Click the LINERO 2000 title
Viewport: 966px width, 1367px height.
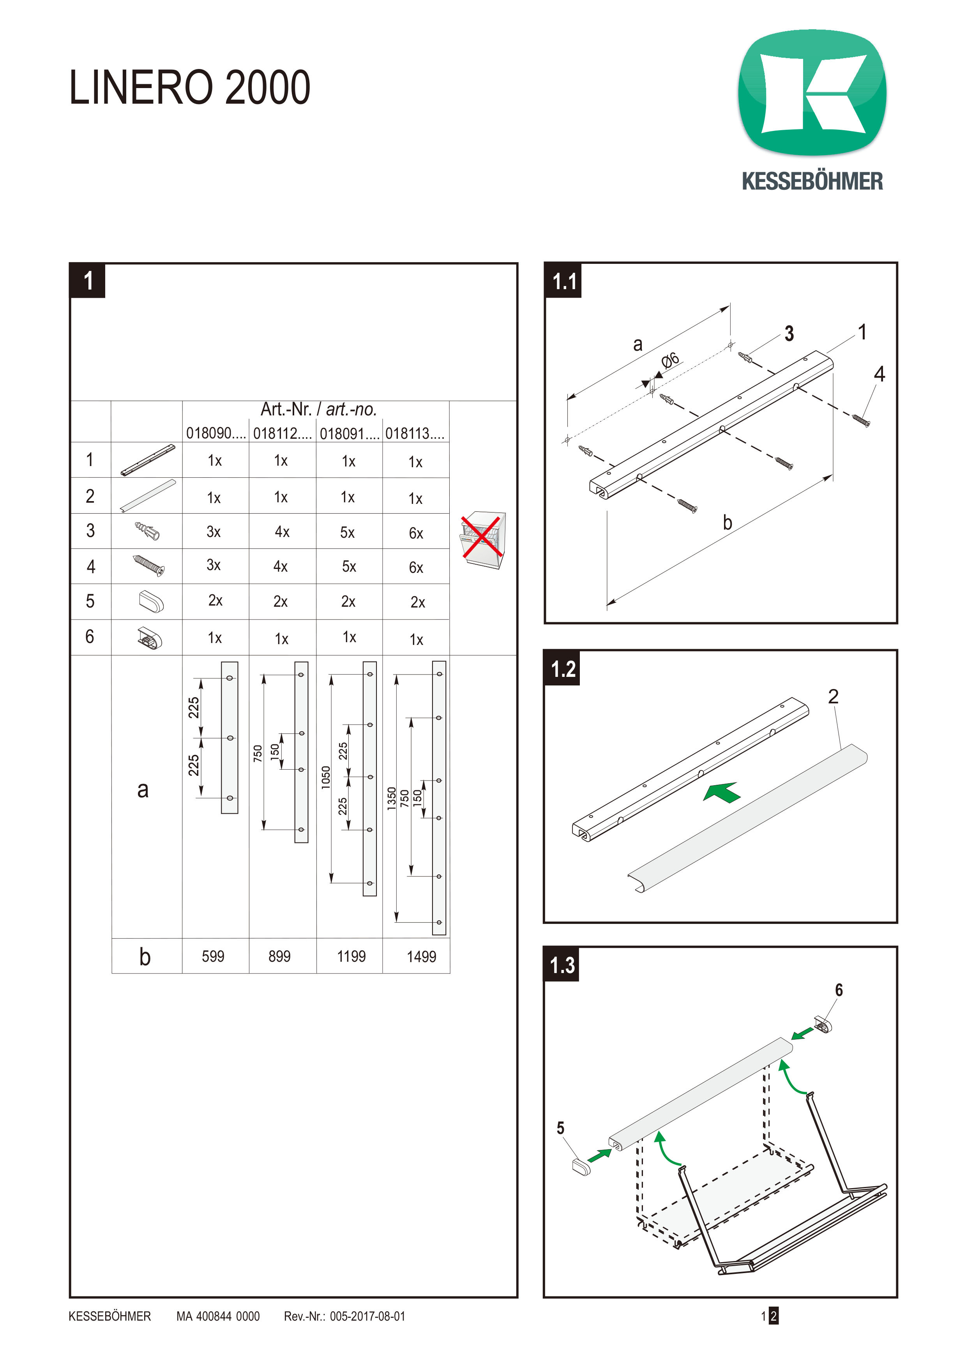coord(189,88)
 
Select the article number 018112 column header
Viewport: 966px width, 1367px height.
coord(282,433)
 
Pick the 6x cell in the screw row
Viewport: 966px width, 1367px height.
coord(416,567)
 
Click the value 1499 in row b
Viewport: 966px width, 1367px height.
coord(421,957)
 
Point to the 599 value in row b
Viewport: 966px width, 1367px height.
coord(213,956)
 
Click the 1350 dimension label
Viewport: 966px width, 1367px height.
coord(392,798)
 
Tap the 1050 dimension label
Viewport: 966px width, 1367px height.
coord(325,777)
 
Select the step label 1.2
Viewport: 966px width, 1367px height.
coord(562,669)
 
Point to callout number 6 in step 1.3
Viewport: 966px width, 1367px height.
coord(839,990)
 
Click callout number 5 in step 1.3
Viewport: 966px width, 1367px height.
coord(560,1128)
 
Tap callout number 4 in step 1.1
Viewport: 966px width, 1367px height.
coord(879,374)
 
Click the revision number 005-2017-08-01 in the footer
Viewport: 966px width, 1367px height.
coord(367,1316)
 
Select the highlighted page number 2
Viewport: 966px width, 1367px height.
coord(773,1316)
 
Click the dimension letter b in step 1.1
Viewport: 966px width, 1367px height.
coord(728,523)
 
